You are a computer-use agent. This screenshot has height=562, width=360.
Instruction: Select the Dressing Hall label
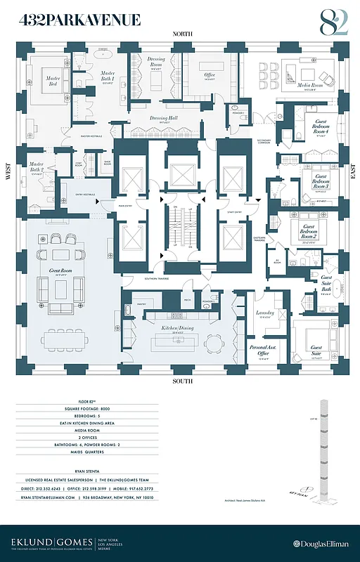click(157, 119)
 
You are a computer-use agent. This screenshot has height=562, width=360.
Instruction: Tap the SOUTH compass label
click(183, 381)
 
